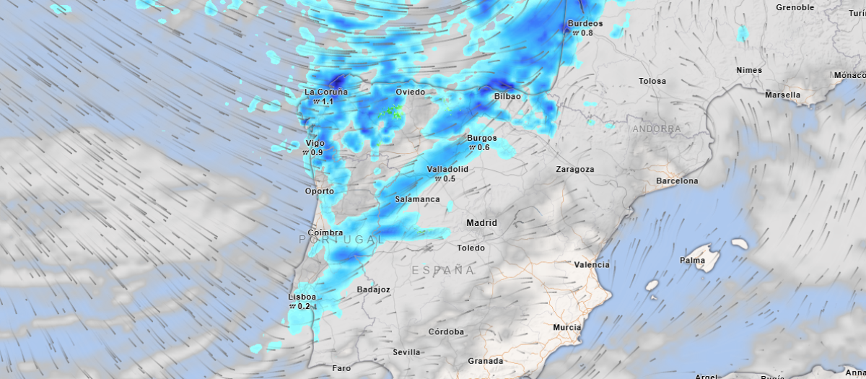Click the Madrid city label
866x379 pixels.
tap(481, 223)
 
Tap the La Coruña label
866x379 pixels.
tap(325, 92)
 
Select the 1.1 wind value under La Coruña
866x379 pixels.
tap(326, 102)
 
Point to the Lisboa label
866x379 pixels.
tap(302, 297)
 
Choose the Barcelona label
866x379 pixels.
tap(676, 181)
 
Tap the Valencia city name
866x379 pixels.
tap(591, 265)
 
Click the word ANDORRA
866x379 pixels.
tap(656, 129)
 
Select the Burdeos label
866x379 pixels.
tap(585, 23)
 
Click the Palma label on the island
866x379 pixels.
tap(692, 260)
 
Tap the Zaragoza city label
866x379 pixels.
tap(574, 170)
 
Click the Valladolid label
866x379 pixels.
tap(447, 169)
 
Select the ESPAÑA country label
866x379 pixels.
tap(443, 270)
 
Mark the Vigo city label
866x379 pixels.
tap(315, 143)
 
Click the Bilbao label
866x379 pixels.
tap(507, 96)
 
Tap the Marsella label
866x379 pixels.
tap(782, 95)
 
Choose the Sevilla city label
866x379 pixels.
tap(406, 352)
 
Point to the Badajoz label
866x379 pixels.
tap(374, 289)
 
